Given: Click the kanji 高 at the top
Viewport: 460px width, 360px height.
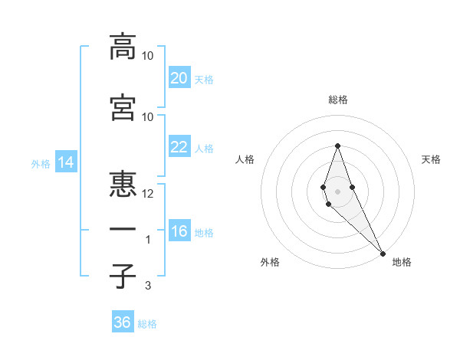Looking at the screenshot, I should (x=123, y=47).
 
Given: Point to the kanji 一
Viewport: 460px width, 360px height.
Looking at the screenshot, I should (x=123, y=230).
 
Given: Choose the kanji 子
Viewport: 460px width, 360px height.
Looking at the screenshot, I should (x=123, y=276).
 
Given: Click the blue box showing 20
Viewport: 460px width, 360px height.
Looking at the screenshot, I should (x=179, y=77).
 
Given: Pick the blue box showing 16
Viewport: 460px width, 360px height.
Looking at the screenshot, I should (x=179, y=231).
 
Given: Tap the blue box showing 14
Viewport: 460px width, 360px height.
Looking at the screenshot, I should (x=64, y=162).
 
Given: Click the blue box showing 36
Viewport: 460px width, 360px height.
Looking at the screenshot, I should (x=123, y=322).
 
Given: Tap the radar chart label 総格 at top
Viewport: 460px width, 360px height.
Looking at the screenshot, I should (x=337, y=100).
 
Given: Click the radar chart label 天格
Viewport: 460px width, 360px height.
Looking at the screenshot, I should (x=431, y=159).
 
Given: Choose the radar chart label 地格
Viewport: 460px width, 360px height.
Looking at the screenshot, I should (x=402, y=262).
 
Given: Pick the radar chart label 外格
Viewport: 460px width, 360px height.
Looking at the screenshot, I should (x=270, y=262).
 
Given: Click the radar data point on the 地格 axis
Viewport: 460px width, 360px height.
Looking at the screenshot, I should (x=383, y=253).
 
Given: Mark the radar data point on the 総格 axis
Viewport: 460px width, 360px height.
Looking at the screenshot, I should (x=337, y=146).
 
